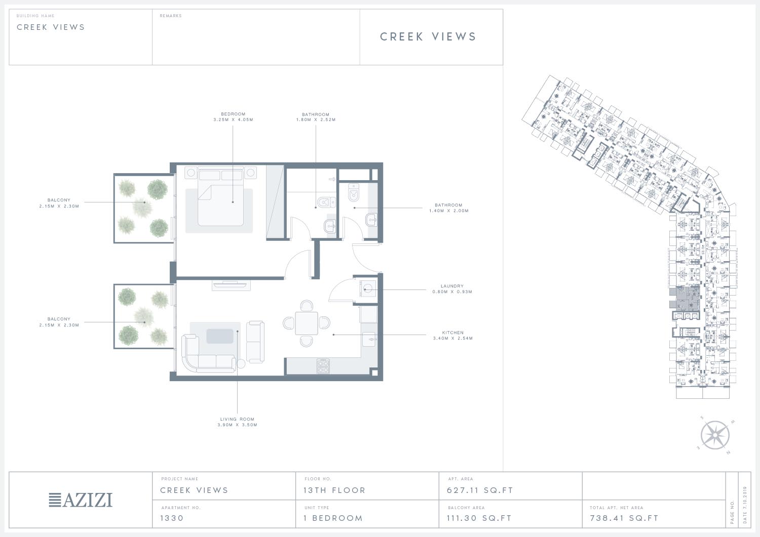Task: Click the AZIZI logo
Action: pos(81,500)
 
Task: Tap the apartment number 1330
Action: pos(172,518)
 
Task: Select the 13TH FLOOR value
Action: pos(334,490)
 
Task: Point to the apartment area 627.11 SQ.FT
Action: pos(480,490)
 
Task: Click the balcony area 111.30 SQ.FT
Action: pos(479,518)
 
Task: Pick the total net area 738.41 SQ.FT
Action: pos(624,518)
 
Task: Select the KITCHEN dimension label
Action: pos(452,335)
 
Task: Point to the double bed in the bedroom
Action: pos(221,197)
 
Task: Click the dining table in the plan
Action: pos(307,323)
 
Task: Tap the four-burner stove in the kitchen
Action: pos(323,366)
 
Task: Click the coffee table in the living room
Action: pos(220,336)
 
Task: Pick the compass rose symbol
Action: pos(715,435)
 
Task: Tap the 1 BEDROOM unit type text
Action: pos(333,518)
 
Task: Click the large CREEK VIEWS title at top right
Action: pos(428,36)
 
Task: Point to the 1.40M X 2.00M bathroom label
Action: pos(448,211)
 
